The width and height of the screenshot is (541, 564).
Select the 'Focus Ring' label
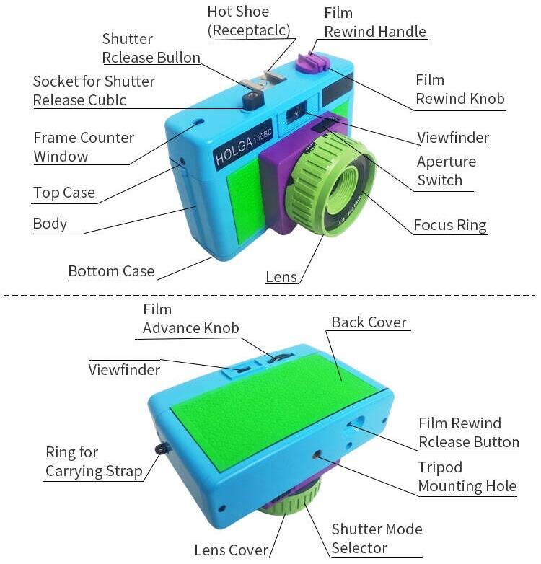[449, 225]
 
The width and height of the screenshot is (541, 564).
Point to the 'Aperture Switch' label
[446, 171]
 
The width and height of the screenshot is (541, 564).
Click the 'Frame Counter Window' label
[83, 146]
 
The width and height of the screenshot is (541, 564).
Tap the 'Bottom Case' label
[111, 271]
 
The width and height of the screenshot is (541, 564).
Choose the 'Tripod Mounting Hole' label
[467, 476]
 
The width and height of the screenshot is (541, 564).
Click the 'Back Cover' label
[369, 322]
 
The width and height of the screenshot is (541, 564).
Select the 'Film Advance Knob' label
[190, 319]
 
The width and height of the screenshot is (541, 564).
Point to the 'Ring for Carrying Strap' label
[92, 462]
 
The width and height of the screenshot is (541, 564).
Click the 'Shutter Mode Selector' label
[377, 538]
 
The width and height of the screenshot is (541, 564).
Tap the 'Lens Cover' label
[231, 550]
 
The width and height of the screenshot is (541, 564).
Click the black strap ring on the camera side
[159, 448]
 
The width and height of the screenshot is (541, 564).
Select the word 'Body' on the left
[50, 224]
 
